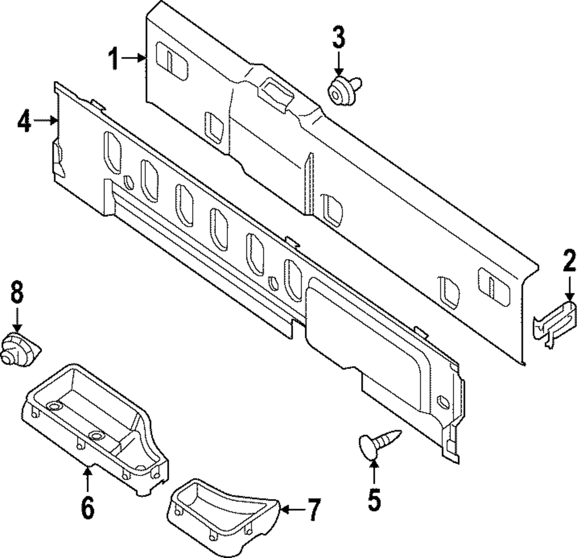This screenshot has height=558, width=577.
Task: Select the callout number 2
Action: coord(569,261)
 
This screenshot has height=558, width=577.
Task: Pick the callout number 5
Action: coord(374,500)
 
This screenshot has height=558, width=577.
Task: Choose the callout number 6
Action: coord(87,507)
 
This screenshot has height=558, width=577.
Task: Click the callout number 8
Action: coord(17,293)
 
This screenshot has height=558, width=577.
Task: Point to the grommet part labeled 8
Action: coord(20,350)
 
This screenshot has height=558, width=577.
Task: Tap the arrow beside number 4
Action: coord(46,121)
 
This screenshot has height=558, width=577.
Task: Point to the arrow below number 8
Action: coord(17,319)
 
